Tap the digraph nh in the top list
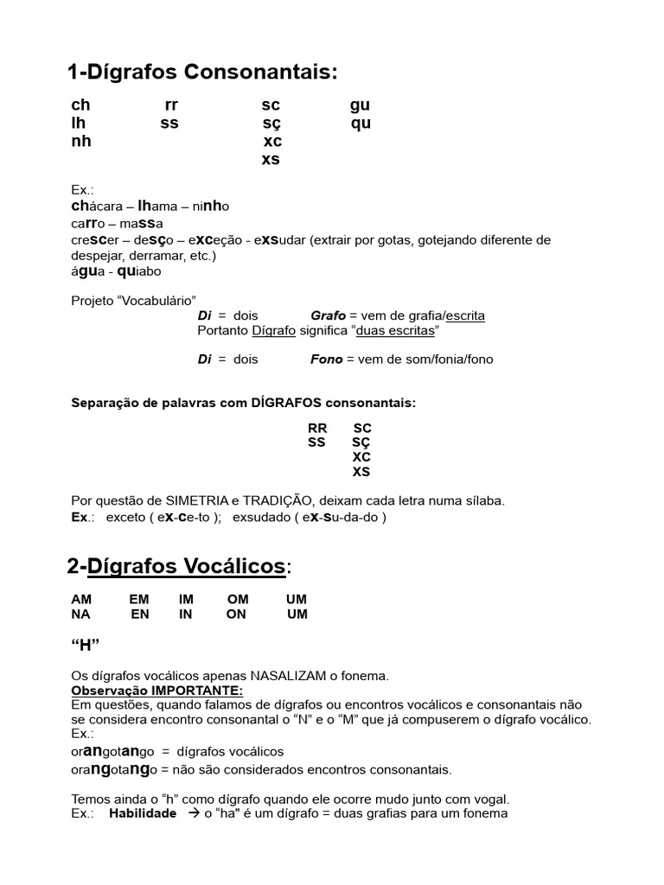point(80,141)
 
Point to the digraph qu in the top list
point(361,123)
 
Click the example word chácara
point(93,207)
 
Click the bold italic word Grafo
point(328,315)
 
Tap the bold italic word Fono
point(327,359)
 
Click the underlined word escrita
point(465,315)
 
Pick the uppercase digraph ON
point(236,614)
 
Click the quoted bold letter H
point(85,646)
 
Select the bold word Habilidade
point(143,813)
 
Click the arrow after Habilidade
point(194,813)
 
